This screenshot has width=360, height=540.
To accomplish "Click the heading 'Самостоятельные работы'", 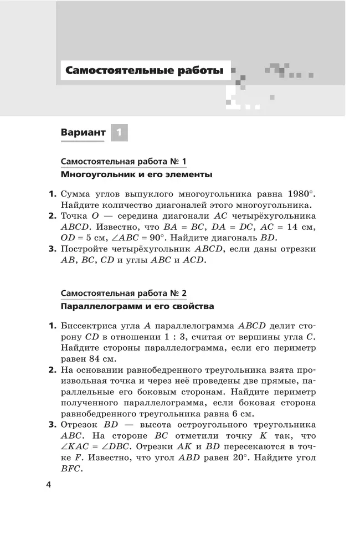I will tap(145, 71).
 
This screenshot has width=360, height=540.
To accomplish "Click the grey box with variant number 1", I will tap(119, 133).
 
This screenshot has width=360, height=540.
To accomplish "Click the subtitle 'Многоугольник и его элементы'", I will tap(136, 174).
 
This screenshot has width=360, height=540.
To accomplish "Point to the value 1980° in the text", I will tap(300, 195).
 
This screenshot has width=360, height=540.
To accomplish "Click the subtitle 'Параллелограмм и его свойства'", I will tap(137, 306).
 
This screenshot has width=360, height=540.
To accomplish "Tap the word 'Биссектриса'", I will tap(89, 326).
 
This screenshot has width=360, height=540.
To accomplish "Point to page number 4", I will tap(48, 485).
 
